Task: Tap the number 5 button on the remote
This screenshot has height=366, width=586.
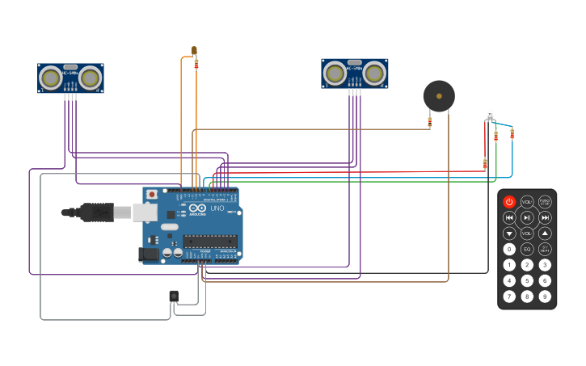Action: pos(527,280)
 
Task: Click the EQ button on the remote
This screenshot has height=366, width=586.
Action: pos(527,249)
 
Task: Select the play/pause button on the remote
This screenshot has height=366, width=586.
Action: pos(527,217)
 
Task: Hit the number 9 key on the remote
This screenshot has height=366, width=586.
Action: pos(545,296)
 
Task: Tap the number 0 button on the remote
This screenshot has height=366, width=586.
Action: pos(509,249)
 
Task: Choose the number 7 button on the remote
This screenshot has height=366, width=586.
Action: pos(509,296)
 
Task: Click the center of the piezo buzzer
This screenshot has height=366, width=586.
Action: pos(439,96)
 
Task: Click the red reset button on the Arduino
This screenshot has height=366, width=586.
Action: pos(151,195)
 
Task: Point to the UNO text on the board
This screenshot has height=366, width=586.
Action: pos(217,208)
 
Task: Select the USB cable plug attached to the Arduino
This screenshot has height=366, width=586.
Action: pos(97,212)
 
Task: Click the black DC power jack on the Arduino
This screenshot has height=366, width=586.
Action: pos(149,255)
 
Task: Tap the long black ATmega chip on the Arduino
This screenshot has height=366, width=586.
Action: pos(209,241)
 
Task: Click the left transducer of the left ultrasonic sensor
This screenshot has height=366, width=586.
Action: pos(51,78)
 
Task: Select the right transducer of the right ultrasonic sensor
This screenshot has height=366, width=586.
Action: pos(373,74)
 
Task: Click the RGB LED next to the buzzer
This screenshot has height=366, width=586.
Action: pos(490,115)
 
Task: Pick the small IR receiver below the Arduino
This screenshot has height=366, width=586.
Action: pos(174,296)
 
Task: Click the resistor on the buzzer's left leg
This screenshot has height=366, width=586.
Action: pos(430,122)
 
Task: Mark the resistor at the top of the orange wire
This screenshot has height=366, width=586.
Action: pos(196,63)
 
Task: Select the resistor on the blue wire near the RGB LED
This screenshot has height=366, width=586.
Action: pos(512,134)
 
